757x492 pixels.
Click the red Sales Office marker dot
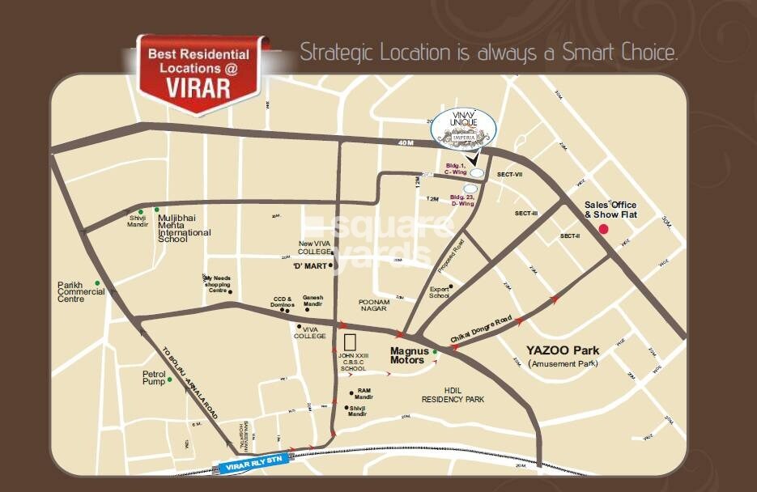click(x=603, y=230)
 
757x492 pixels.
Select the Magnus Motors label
click(x=407, y=355)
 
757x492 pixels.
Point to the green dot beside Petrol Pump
click(x=170, y=378)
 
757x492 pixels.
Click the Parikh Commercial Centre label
click(x=80, y=292)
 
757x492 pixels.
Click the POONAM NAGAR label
click(x=373, y=305)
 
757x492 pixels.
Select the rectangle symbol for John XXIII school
click(x=351, y=341)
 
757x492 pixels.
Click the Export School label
click(x=440, y=292)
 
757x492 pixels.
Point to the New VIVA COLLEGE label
click(x=315, y=248)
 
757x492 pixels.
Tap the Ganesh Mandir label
click(x=313, y=302)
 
